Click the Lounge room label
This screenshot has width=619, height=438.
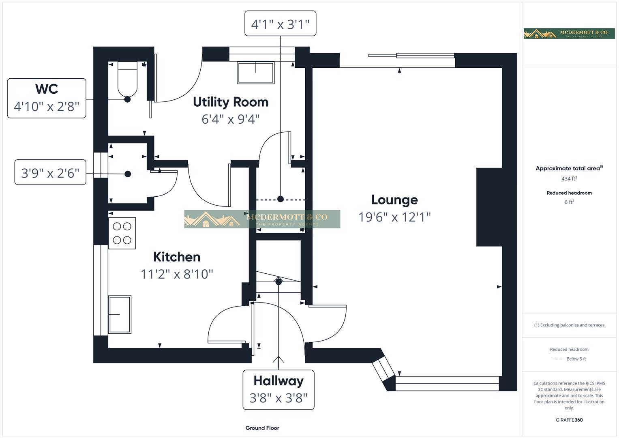click(394, 200)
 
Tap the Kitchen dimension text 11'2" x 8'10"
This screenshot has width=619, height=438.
click(177, 274)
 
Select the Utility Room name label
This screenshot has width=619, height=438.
click(230, 102)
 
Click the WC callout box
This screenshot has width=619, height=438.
click(47, 98)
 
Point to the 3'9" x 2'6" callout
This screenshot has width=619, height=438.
click(50, 173)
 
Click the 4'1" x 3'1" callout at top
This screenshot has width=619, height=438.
click(280, 24)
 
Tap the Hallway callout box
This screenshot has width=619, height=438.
click(278, 389)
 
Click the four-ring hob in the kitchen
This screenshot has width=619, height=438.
click(122, 233)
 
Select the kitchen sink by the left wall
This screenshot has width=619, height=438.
click(120, 314)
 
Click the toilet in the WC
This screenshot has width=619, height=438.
click(127, 79)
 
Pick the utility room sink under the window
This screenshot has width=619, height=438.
click(256, 73)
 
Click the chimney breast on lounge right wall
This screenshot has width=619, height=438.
click(489, 207)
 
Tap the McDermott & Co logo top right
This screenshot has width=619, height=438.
click(569, 33)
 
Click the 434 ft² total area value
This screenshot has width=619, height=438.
click(569, 178)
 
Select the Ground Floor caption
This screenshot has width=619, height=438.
click(262, 428)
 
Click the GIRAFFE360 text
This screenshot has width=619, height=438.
click(569, 420)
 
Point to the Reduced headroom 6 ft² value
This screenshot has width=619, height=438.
click(569, 202)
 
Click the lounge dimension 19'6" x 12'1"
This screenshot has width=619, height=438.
click(394, 217)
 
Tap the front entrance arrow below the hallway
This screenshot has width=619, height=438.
click(278, 359)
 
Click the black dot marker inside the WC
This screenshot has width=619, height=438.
click(127, 99)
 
